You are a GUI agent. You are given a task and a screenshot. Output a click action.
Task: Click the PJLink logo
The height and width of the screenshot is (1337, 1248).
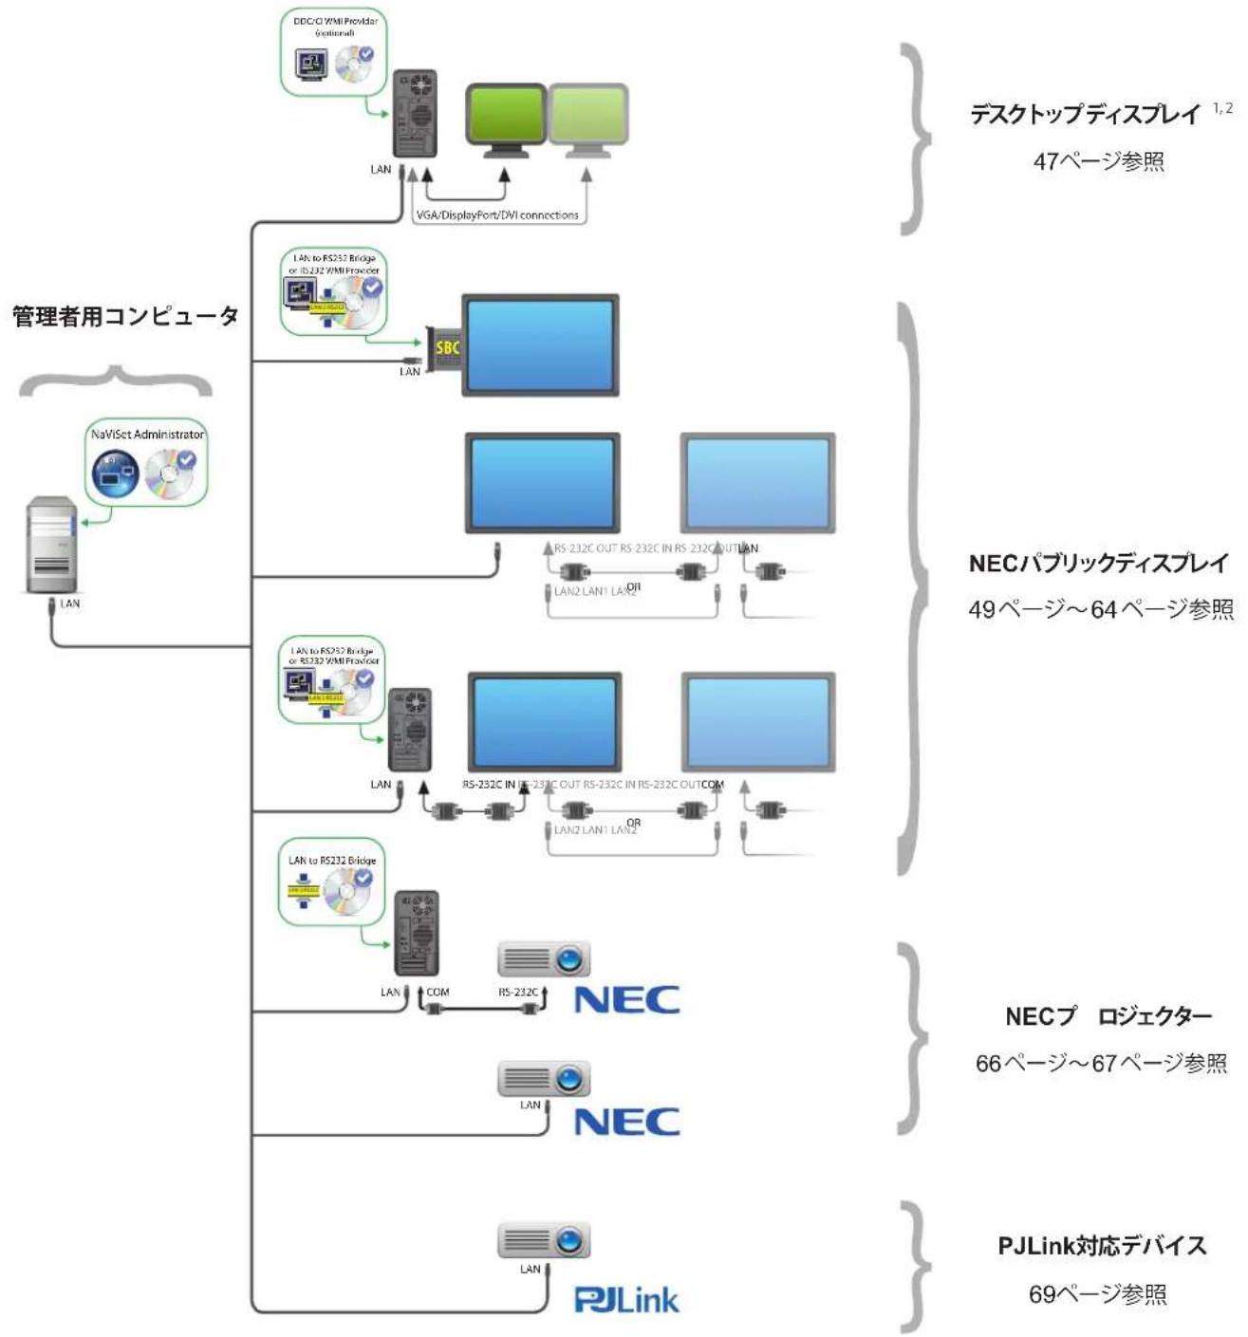626,1299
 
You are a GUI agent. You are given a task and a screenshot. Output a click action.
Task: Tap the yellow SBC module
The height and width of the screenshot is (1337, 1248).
446,348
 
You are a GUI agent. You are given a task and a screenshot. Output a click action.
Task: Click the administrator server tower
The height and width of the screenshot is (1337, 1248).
51,545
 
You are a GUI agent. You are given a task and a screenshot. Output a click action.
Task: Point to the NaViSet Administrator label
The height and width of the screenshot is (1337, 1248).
147,435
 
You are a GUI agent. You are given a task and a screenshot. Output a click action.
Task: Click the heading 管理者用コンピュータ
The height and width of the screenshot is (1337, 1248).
125,316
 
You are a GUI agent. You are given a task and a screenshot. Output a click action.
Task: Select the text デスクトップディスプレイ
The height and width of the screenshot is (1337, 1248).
1085,115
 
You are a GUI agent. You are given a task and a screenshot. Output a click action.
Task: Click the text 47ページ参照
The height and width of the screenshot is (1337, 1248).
1098,161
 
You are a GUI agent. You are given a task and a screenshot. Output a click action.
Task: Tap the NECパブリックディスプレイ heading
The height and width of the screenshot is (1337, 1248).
1098,563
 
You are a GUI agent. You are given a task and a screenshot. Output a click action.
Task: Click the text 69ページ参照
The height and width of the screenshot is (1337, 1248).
1098,1293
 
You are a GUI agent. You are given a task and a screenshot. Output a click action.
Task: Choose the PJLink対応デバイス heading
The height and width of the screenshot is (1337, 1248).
1102,1245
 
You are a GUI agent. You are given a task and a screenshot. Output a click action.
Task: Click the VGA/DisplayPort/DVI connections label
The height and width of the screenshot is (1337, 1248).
497,215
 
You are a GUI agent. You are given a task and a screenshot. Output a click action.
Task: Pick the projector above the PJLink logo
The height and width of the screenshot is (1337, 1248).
545,1240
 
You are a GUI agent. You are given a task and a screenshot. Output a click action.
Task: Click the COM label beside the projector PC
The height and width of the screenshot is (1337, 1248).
438,993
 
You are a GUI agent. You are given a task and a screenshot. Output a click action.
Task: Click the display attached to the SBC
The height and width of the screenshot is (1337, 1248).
540,344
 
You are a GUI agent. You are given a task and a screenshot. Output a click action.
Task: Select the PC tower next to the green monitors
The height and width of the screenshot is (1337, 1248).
416,114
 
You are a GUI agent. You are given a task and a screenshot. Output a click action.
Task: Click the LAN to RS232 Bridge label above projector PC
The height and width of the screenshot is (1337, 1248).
332,861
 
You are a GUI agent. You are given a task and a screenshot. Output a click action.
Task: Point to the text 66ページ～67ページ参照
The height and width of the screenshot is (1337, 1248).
1101,1063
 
